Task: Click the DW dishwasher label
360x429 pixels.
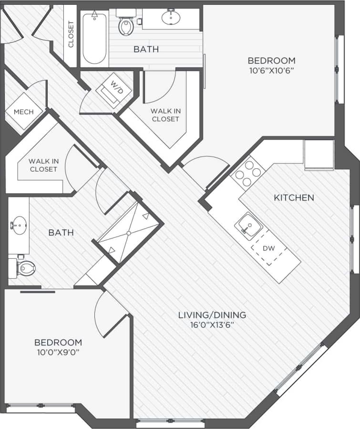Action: click(x=268, y=248)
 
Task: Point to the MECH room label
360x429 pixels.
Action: click(x=24, y=112)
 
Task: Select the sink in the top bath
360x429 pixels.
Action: click(x=171, y=18)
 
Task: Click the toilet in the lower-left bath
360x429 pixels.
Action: click(x=24, y=268)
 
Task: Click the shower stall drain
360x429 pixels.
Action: click(x=128, y=233)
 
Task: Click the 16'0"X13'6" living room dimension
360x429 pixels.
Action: click(x=212, y=325)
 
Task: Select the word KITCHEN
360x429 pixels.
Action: click(x=294, y=197)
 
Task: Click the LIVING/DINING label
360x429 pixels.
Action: click(x=212, y=315)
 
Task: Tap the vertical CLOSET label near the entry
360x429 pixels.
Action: click(x=71, y=34)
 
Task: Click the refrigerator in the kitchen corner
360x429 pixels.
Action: click(x=319, y=154)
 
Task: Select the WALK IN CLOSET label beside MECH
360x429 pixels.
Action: click(x=43, y=165)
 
